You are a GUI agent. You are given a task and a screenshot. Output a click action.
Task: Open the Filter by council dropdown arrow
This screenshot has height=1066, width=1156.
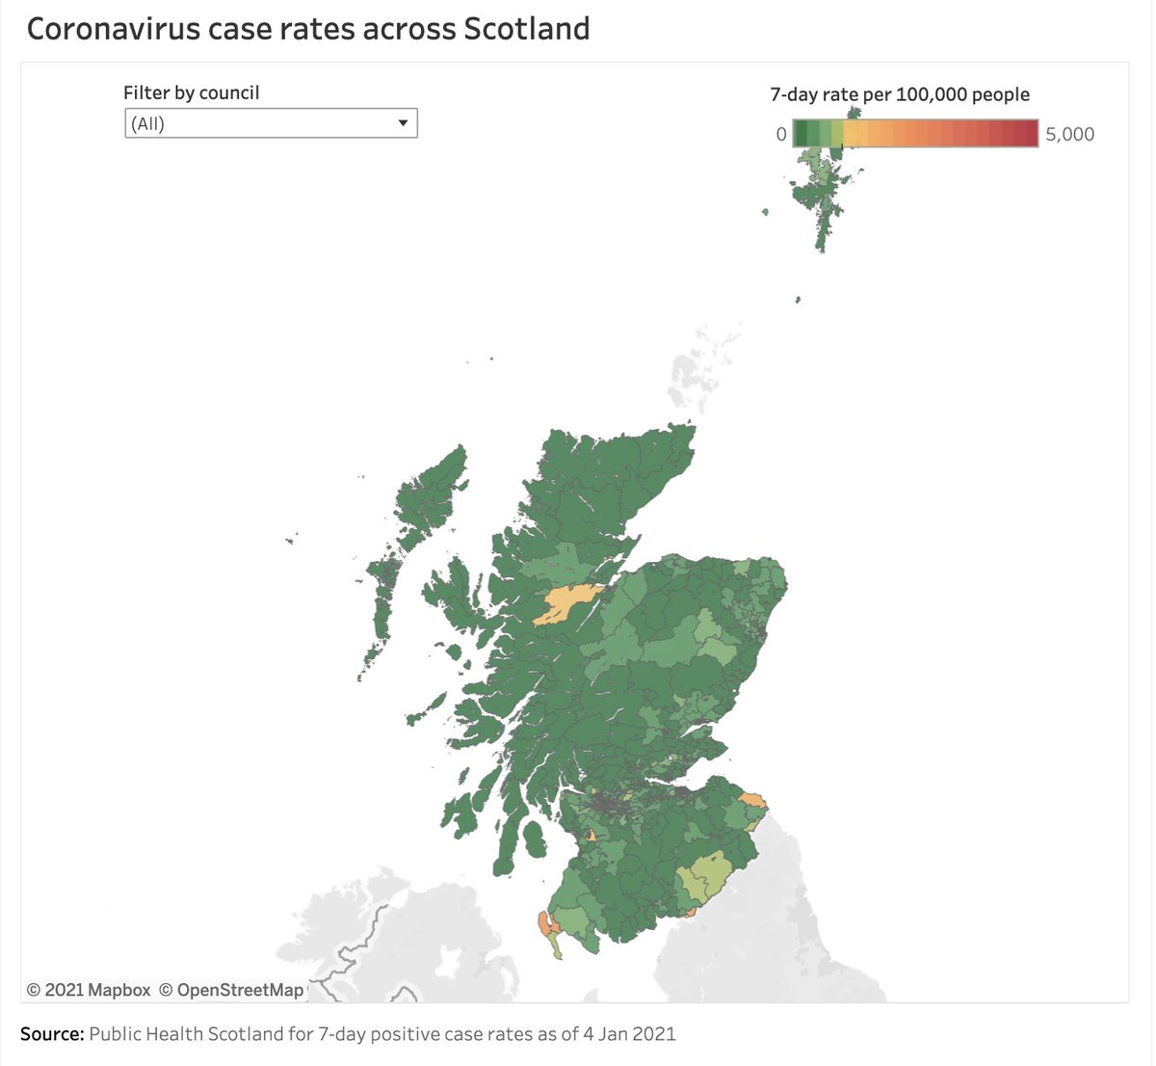tap(403, 123)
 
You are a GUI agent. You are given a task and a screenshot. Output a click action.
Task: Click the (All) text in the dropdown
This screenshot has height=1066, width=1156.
tap(148, 124)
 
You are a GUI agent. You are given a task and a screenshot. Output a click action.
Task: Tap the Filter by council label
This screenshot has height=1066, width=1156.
tap(191, 93)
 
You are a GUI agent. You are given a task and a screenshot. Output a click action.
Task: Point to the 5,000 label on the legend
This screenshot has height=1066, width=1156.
tap(1069, 134)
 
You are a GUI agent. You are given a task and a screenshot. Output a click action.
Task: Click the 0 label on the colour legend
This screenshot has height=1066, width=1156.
tap(781, 134)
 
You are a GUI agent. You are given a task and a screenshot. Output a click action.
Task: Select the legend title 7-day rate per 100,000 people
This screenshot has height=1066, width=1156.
tap(900, 94)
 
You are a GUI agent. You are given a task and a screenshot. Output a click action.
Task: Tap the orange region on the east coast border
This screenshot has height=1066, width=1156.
tap(753, 800)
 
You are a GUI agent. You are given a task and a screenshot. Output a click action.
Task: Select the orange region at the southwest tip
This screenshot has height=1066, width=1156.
tap(546, 922)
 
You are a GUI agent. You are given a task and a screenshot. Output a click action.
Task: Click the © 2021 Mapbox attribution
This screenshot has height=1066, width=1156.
tap(89, 990)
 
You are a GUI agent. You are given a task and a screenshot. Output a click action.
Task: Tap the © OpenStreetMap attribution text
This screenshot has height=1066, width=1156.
tap(231, 990)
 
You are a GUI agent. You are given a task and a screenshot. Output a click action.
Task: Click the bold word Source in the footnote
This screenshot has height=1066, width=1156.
tap(52, 1034)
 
